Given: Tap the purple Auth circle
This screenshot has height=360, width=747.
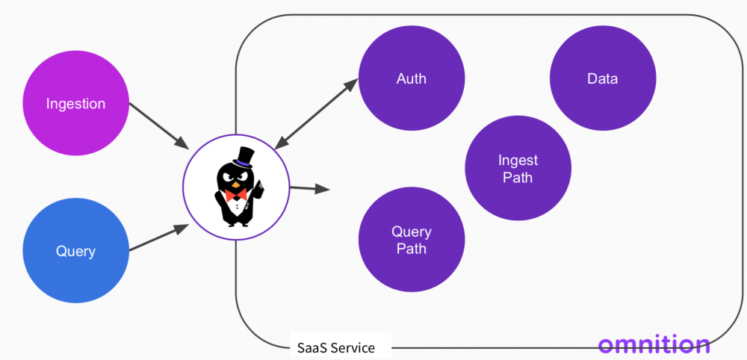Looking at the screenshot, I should tap(412, 78).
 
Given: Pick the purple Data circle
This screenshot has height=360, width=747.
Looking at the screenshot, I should tap(603, 78).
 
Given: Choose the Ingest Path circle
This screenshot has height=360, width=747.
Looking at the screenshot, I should tap(518, 168).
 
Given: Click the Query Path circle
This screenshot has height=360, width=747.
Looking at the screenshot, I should tap(412, 240).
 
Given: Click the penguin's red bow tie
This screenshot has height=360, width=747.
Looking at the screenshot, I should tap(236, 194).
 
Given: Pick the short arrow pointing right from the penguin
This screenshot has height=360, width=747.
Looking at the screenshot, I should tap(310, 188).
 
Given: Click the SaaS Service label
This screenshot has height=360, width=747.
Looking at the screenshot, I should tap(335, 347).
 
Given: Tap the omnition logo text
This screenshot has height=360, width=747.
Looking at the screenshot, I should tap(654, 344).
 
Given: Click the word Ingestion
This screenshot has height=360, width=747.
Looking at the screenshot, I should tap(75, 104).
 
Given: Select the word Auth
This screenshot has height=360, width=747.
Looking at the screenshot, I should tap(412, 78).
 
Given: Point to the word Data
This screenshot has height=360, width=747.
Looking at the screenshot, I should tap(603, 78).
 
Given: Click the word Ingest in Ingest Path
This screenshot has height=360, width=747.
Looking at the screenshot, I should tap(518, 160).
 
